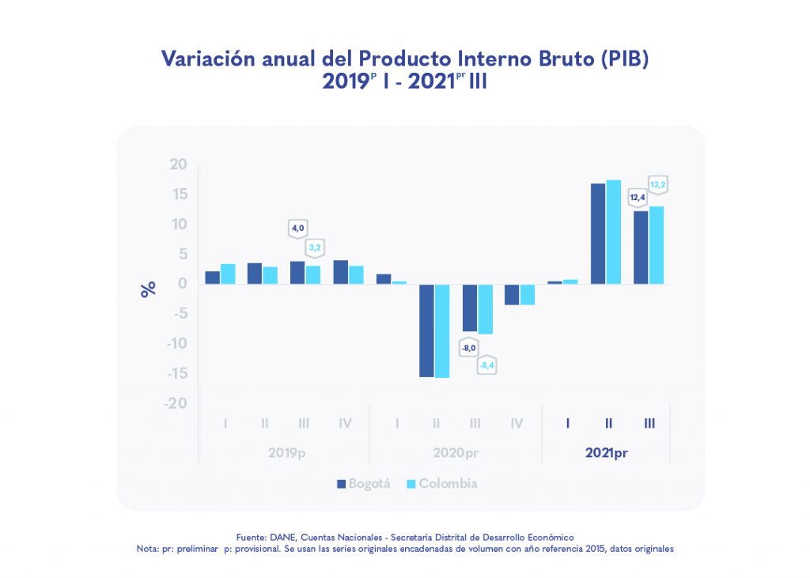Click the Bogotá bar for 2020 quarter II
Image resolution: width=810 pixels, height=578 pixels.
click(427, 331)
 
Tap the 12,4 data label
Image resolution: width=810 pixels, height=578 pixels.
click(638, 196)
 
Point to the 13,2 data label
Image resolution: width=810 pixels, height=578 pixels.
click(658, 185)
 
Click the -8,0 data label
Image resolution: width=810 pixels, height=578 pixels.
click(469, 347)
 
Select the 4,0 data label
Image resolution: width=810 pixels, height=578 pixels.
click(297, 228)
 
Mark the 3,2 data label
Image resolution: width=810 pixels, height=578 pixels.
click(314, 247)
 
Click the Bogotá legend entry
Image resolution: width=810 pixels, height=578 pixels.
click(364, 483)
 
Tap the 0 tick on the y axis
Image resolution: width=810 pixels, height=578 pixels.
click(183, 284)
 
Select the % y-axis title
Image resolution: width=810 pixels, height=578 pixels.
click(148, 289)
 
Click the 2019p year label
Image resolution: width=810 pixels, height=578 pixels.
click(286, 453)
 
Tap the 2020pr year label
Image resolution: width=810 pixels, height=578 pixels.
click(456, 453)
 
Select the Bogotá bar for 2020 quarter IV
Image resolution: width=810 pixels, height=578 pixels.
click(513, 294)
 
